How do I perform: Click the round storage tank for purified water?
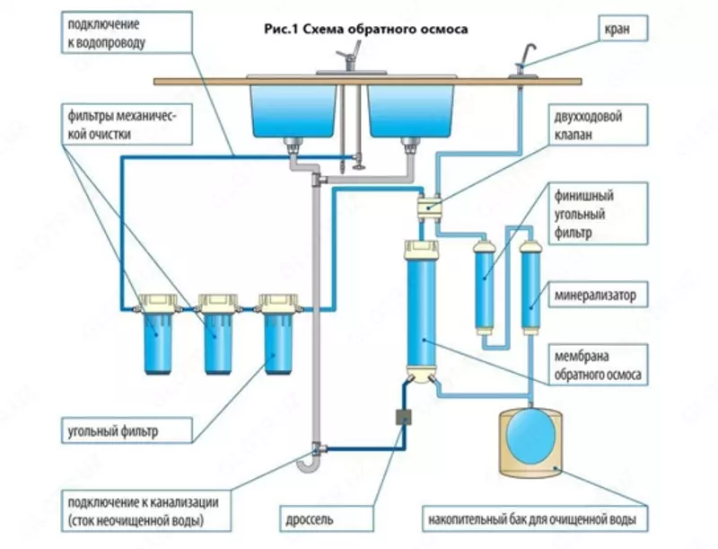click(x=530, y=438)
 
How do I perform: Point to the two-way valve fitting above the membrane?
click(x=429, y=206)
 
